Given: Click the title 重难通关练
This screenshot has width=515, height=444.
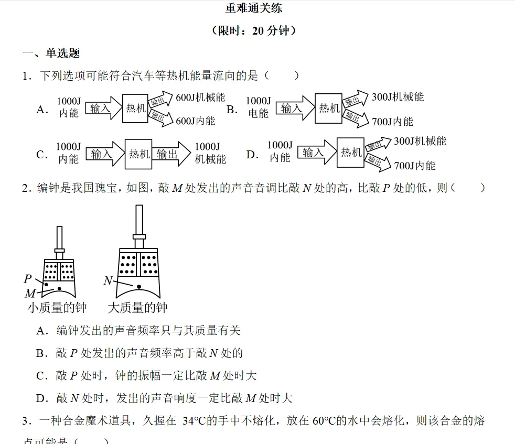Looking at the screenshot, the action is click(257, 8).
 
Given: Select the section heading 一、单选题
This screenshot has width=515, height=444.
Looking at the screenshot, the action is click(51, 53).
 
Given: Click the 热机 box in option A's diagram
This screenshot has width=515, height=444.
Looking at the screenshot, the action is click(135, 109).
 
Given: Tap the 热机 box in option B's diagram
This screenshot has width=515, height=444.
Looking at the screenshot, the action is click(328, 108).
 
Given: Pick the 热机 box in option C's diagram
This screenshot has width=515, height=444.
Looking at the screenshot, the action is click(138, 154).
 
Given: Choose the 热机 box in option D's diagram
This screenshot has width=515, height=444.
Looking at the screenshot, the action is click(350, 152).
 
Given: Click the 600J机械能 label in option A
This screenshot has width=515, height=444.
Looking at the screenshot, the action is click(200, 97).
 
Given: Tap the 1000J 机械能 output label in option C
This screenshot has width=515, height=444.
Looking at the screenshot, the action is click(210, 153).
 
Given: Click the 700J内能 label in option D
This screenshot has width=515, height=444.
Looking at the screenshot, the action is click(414, 166).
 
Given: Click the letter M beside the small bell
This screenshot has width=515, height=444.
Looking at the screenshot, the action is click(30, 294).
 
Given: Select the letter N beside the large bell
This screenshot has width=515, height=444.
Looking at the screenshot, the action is click(108, 281).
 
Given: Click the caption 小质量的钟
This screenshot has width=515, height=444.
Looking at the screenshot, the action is click(57, 308).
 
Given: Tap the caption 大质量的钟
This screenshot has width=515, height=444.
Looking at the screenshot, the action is click(137, 308).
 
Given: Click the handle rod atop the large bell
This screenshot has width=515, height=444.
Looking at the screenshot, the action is click(139, 220).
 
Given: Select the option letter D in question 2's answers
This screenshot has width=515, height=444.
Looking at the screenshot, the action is click(42, 398).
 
